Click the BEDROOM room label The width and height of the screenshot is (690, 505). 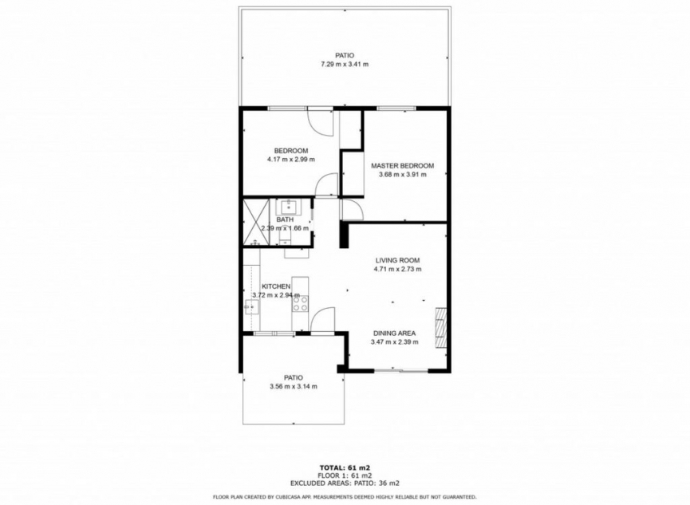pos(290,151)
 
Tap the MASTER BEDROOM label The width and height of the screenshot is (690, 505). pos(402,166)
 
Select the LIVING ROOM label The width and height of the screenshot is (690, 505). pos(397,260)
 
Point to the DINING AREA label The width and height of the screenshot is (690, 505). pos(394,333)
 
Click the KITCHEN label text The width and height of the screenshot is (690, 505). pos(266,286)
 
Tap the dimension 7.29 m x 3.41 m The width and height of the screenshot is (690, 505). pos(345,64)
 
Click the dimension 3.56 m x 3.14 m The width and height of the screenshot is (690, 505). pos(293,386)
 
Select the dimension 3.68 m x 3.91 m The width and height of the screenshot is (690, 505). pos(402,175)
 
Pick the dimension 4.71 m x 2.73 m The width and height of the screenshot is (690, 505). pos(397,269)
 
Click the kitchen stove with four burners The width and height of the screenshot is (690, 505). pos(300,302)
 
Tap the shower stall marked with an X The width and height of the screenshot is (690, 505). pos(258,219)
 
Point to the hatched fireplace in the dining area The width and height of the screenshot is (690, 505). pos(440,327)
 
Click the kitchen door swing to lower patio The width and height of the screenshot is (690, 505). pos(323,321)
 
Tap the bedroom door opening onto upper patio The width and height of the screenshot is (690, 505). pos(321,121)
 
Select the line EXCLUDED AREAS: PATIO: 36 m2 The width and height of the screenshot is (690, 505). pos(345,483)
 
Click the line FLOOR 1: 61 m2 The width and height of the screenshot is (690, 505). pos(345,475)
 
